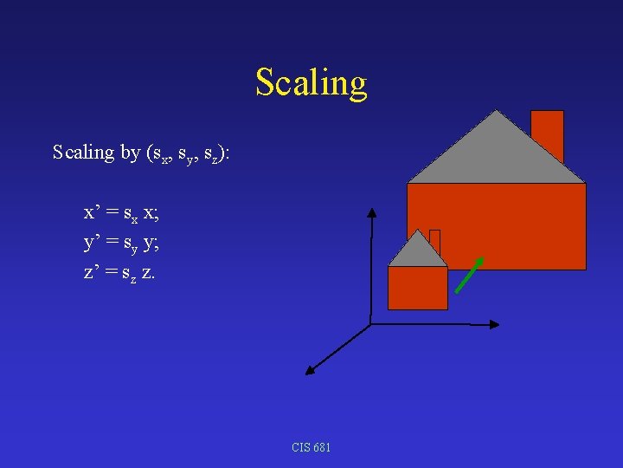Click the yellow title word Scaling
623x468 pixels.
(311, 83)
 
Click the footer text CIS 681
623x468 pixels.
(311, 447)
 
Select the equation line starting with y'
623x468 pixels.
(121, 244)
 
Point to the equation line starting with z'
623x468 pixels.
(120, 272)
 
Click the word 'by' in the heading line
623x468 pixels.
(131, 153)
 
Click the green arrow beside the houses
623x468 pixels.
(469, 275)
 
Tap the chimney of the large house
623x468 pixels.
(547, 134)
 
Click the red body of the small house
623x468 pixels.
(417, 288)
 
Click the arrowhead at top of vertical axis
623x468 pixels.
(371, 212)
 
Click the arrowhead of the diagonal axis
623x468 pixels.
(310, 370)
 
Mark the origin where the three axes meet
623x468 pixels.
(370, 324)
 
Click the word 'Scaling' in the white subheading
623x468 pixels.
(83, 153)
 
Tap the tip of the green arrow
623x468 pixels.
(481, 258)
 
